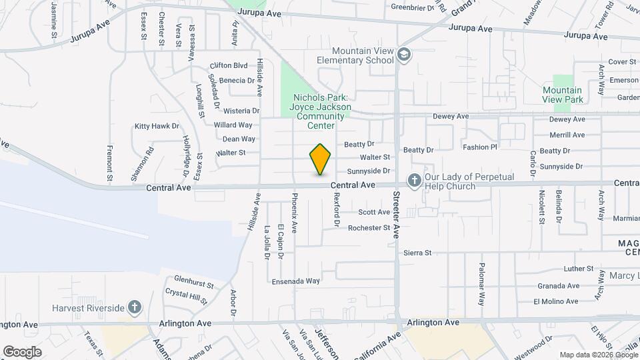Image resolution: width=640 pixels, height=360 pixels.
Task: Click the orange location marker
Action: pyautogui.click(x=321, y=159)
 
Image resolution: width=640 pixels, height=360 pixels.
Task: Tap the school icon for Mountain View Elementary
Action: pyautogui.click(x=403, y=54)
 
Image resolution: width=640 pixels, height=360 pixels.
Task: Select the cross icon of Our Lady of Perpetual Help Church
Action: pyautogui.click(x=414, y=180)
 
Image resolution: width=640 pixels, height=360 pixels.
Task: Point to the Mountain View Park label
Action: pyautogui.click(x=562, y=95)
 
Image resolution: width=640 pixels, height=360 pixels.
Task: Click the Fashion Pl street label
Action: pyautogui.click(x=480, y=147)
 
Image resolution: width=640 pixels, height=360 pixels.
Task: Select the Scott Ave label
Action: pyautogui.click(x=374, y=213)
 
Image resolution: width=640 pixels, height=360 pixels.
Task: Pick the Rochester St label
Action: pyautogui.click(x=369, y=228)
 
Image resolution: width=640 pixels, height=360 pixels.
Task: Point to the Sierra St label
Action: pyautogui.click(x=417, y=253)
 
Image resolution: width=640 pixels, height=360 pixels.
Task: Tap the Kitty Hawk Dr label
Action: pyautogui.click(x=157, y=126)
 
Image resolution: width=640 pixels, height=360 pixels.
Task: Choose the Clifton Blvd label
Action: pyautogui.click(x=228, y=66)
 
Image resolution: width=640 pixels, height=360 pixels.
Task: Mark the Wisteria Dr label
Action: pyautogui.click(x=241, y=111)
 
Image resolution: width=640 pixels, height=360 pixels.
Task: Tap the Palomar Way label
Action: pyautogui.click(x=481, y=279)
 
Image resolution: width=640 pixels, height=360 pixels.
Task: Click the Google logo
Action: pyautogui.click(x=22, y=351)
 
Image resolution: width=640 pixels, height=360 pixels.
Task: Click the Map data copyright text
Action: pyautogui.click(x=598, y=355)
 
